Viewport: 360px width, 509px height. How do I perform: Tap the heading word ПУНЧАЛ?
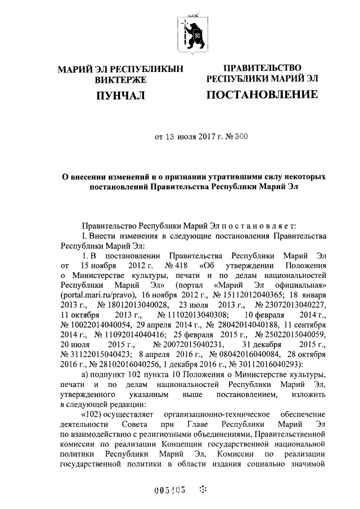click(x=120, y=97)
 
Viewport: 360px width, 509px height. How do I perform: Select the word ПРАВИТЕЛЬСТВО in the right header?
click(x=262, y=68)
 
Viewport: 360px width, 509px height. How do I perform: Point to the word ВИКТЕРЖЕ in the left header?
click(x=120, y=80)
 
